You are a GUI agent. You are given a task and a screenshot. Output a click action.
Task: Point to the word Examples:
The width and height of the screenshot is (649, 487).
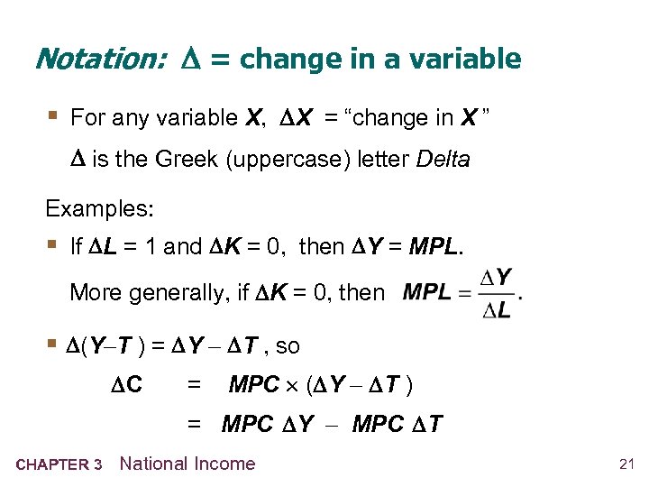[100, 208]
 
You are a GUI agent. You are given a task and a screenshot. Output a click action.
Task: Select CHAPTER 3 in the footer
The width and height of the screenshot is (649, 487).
[59, 465]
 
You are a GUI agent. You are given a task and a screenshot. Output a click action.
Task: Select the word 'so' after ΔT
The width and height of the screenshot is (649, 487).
[288, 346]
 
